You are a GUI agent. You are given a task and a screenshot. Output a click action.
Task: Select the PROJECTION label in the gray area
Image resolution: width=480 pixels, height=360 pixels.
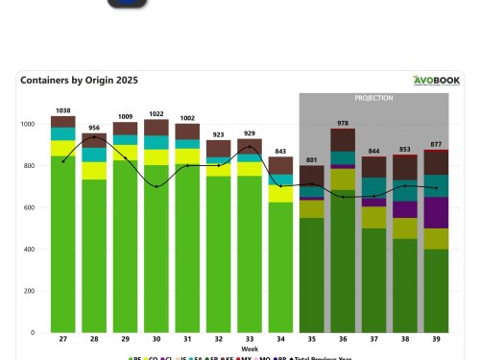(373, 98)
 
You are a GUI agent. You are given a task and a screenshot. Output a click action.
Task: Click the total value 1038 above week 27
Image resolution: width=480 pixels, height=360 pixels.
(63, 110)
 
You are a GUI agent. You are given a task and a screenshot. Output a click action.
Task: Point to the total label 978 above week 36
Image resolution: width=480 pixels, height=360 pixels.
(343, 123)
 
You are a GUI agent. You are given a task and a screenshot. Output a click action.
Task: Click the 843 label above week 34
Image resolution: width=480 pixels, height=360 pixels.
(280, 151)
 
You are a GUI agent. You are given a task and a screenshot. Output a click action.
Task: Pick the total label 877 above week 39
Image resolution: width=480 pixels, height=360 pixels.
(436, 144)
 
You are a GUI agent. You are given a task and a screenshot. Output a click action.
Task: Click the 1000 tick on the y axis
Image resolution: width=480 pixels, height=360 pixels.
(31, 124)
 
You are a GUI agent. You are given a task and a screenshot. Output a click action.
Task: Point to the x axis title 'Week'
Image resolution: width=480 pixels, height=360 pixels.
(250, 348)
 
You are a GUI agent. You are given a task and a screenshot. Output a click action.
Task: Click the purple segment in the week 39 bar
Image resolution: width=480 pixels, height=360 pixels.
(436, 212)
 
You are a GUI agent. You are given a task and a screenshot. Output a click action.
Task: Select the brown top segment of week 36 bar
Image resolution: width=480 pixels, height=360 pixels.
(343, 140)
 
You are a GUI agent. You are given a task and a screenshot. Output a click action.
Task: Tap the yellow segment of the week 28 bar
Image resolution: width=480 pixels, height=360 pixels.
(94, 171)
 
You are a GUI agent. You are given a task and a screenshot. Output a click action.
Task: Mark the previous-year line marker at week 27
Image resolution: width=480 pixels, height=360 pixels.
(63, 161)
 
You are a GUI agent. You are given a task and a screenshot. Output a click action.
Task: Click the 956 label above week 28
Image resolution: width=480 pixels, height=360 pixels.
(94, 128)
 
